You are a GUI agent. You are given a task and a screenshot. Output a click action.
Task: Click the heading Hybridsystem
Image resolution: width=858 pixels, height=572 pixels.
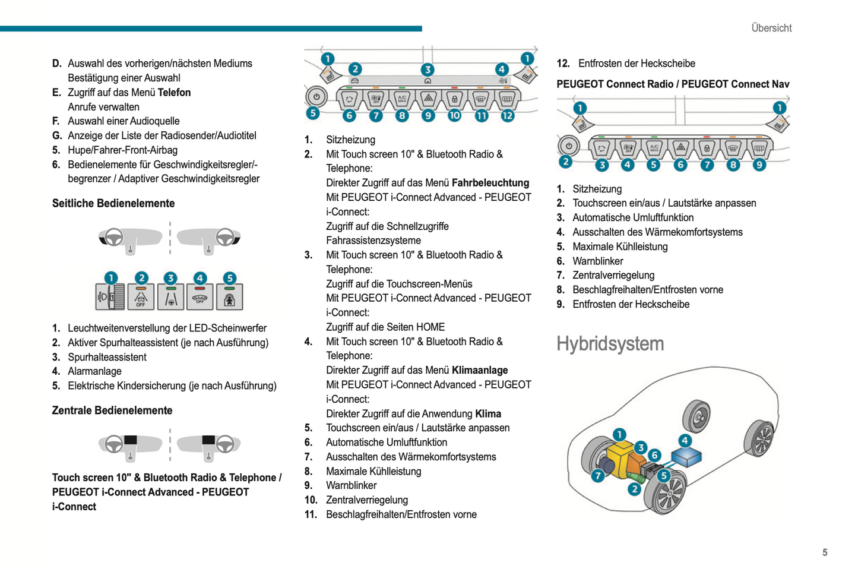610,344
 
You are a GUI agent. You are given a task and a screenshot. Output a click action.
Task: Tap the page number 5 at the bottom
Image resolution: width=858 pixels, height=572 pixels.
825,552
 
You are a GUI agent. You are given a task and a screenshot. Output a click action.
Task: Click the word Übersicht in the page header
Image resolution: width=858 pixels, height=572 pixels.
771,28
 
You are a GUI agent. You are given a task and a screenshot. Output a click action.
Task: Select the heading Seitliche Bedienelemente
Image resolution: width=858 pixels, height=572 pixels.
113,203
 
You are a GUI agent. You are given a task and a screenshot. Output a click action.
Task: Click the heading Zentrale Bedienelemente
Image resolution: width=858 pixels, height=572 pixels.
112,410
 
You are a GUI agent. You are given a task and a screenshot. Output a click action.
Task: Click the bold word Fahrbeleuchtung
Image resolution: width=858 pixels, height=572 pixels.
490,183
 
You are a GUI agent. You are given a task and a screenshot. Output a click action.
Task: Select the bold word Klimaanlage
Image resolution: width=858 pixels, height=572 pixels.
479,370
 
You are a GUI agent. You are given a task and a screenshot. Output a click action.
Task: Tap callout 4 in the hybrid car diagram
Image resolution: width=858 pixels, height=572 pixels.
685,440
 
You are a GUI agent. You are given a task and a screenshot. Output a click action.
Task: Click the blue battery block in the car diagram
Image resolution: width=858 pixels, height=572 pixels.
686,457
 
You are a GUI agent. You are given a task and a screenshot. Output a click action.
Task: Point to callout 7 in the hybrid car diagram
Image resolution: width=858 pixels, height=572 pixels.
598,475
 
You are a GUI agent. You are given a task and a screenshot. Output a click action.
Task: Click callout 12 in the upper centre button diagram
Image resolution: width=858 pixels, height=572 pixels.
507,115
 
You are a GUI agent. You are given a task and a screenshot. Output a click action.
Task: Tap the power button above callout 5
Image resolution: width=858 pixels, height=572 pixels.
316,96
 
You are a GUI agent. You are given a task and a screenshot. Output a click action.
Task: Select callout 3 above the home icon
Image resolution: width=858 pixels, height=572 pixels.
428,69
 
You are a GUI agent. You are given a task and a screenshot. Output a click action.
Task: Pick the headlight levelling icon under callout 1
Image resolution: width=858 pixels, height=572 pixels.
110,297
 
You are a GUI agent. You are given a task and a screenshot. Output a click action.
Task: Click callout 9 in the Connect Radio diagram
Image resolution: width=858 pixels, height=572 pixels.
759,165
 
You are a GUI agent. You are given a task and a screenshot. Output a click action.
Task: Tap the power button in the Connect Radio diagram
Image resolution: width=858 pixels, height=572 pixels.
569,146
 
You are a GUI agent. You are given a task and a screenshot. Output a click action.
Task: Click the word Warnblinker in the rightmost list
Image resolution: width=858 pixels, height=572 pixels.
597,261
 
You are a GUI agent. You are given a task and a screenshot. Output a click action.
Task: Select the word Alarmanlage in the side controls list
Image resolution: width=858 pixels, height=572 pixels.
94,371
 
